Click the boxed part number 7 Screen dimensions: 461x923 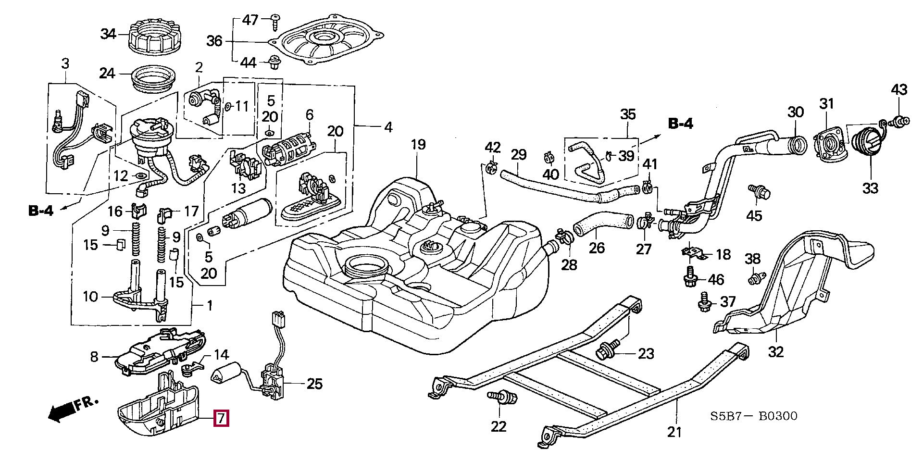click(221, 418)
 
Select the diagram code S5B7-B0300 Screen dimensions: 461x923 click(754, 416)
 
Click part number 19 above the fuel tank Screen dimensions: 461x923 click(418, 145)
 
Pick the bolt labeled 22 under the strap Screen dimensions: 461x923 click(502, 398)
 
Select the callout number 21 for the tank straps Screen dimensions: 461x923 click(674, 432)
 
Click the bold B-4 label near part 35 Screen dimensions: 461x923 click(681, 124)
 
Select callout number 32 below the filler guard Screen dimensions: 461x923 click(776, 352)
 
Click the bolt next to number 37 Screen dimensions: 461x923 click(703, 301)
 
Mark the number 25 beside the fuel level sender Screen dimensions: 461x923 click(314, 384)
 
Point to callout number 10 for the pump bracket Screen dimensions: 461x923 click(90, 297)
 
